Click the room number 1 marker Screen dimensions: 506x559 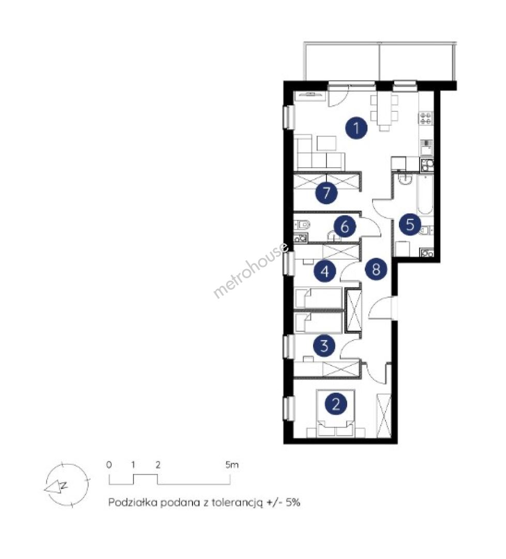356,127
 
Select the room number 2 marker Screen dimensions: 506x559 336,404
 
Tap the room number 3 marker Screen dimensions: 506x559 324,345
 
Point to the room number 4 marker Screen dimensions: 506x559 325,271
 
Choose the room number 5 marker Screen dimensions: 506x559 410,225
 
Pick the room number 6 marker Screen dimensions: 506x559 345,226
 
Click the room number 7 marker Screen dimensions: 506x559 326,193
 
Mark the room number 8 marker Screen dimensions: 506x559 376,269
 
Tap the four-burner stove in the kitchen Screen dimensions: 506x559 426,118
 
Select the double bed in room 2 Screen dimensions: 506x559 336,414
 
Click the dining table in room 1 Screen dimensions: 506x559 384,110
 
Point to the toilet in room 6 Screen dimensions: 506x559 302,225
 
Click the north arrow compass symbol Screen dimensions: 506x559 66,485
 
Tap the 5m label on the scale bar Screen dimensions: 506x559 232,465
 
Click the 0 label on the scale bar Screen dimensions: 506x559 109,465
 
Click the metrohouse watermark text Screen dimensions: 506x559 251,270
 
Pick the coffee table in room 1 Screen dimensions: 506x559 326,143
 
